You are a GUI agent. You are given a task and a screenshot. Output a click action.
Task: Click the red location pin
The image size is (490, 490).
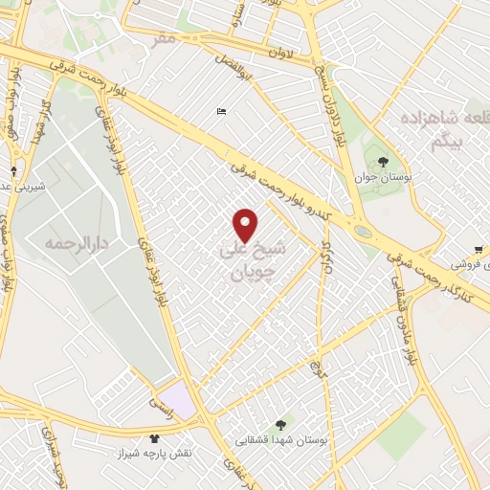tap(246, 225)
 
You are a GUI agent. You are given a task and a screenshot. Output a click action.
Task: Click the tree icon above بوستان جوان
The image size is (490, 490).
tap(383, 161)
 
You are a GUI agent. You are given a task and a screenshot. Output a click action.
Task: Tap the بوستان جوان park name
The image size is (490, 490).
tap(383, 178)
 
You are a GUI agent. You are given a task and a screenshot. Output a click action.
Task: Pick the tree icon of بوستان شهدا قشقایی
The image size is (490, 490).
tap(280, 424)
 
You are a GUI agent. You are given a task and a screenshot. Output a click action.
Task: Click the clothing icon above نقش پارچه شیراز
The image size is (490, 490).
tap(154, 438)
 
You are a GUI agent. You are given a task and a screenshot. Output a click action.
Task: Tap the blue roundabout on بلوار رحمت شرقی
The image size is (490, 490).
tap(363, 231)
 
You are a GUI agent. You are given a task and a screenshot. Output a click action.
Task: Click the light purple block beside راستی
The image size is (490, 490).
tap(177, 398)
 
